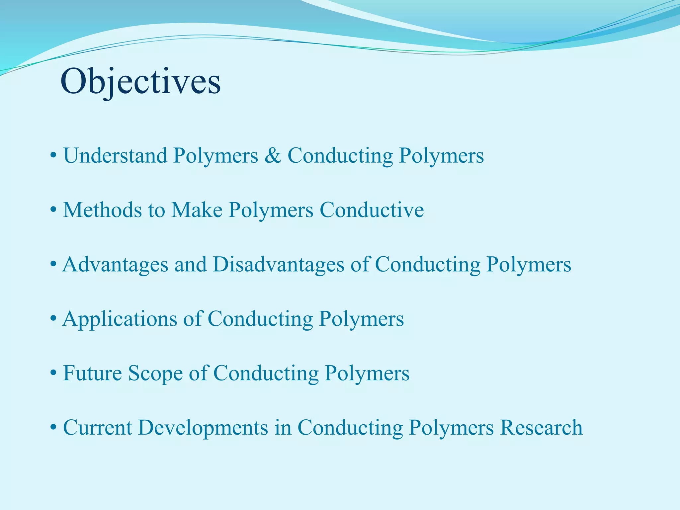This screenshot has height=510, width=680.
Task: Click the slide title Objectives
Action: (140, 82)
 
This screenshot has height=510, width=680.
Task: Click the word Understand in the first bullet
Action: (115, 155)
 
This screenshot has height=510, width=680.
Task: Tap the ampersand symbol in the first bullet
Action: (273, 155)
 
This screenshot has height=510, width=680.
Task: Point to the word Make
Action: (197, 210)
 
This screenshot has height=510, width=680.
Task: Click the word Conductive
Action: (372, 210)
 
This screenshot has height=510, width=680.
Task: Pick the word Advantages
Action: (115, 265)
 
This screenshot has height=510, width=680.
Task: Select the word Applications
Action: (120, 319)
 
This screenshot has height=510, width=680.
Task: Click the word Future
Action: (92, 373)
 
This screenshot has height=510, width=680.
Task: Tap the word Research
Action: (541, 428)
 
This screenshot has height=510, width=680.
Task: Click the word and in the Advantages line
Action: (191, 265)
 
